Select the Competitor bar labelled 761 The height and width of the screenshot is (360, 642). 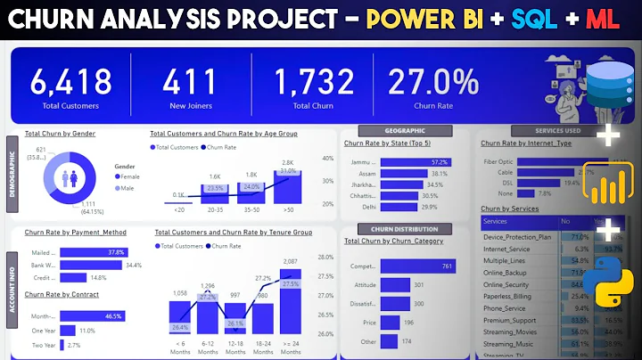tap(417, 266)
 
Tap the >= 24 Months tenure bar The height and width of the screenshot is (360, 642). tap(290, 298)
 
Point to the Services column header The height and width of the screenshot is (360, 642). tap(496, 221)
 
